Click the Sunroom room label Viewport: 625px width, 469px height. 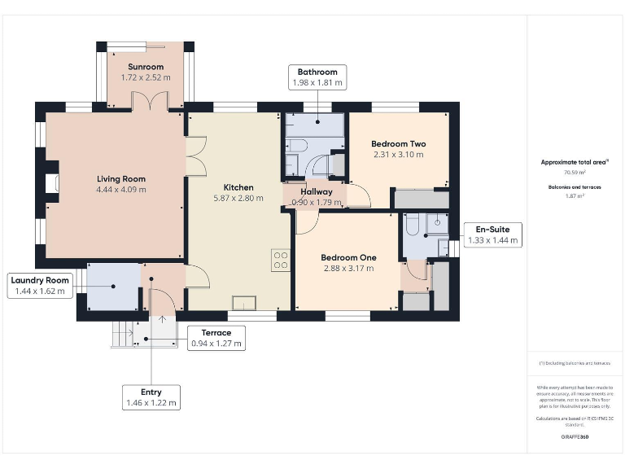146,67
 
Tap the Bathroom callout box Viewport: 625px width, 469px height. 317,77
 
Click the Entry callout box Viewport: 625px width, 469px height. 151,397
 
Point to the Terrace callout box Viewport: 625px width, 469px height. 216,338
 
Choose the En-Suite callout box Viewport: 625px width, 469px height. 493,235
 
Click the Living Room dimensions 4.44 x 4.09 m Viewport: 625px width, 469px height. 120,190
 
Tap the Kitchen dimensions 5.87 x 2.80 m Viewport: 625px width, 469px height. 238,198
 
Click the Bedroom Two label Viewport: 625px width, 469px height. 399,144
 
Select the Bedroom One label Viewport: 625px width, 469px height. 347,257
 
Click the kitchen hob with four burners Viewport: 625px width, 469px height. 281,259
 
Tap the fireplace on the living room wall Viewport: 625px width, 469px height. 52,182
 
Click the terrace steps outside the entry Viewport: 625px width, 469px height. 123,334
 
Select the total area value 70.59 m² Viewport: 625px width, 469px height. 575,173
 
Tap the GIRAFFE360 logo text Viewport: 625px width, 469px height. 575,437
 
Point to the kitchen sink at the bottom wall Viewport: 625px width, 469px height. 243,303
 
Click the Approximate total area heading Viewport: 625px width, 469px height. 575,162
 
